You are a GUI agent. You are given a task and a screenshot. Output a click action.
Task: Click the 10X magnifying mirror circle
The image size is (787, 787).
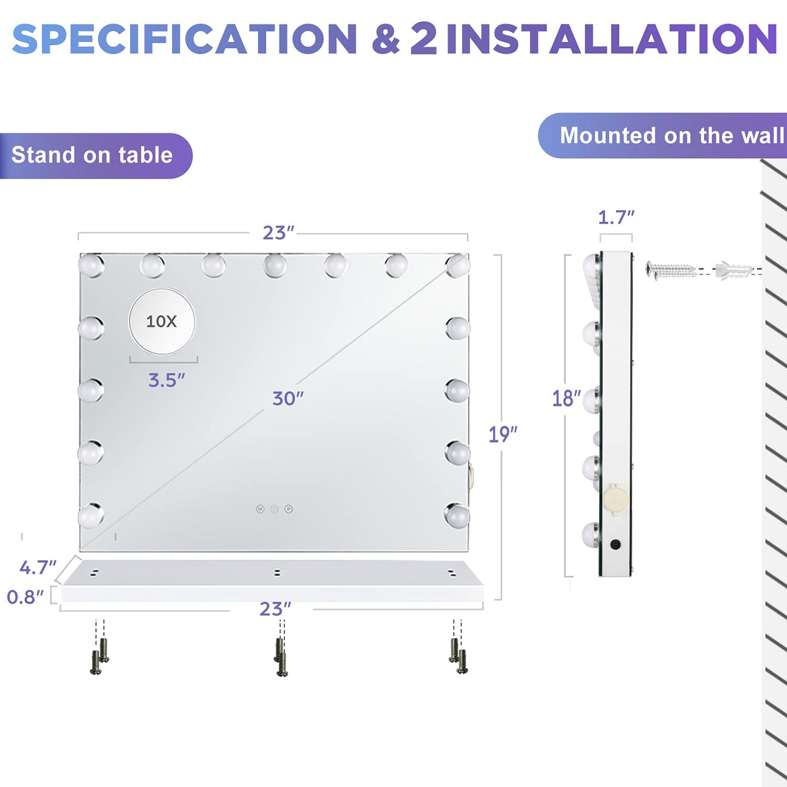coord(162,321)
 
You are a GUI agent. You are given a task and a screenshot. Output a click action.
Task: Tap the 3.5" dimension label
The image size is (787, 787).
coord(167,380)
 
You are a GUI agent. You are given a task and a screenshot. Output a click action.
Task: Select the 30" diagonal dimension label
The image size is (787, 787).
coord(288,399)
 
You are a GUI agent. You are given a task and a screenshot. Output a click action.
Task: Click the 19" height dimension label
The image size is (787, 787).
coord(503,434)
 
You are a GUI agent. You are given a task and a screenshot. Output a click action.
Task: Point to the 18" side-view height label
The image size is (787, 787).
coord(566,399)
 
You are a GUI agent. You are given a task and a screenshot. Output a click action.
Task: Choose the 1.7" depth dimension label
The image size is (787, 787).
coord(617,217)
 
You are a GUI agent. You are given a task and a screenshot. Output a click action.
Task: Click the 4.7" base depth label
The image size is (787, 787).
coord(38,568)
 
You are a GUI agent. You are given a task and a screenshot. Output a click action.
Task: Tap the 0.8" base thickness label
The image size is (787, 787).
coord(25,597)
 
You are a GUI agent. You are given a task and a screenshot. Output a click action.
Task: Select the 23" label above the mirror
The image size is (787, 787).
coord(278,233)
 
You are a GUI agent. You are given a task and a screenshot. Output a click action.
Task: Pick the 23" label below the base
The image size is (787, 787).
coord(276,609)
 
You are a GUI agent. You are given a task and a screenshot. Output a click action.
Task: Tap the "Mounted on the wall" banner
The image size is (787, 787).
coord(662,135)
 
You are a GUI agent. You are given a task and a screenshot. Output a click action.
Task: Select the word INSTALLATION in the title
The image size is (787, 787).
coord(612,39)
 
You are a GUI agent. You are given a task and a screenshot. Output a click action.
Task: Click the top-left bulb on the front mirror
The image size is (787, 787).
coord(91,265)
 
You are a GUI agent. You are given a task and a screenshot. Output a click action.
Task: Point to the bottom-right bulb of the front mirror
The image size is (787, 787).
coord(457,515)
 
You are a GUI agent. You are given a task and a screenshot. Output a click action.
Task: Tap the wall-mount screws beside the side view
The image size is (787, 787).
coord(670,270)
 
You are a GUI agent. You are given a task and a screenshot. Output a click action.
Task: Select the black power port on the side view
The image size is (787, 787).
coord(615,544)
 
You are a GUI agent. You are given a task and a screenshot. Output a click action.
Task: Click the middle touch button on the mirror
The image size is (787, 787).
coord(274,509)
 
